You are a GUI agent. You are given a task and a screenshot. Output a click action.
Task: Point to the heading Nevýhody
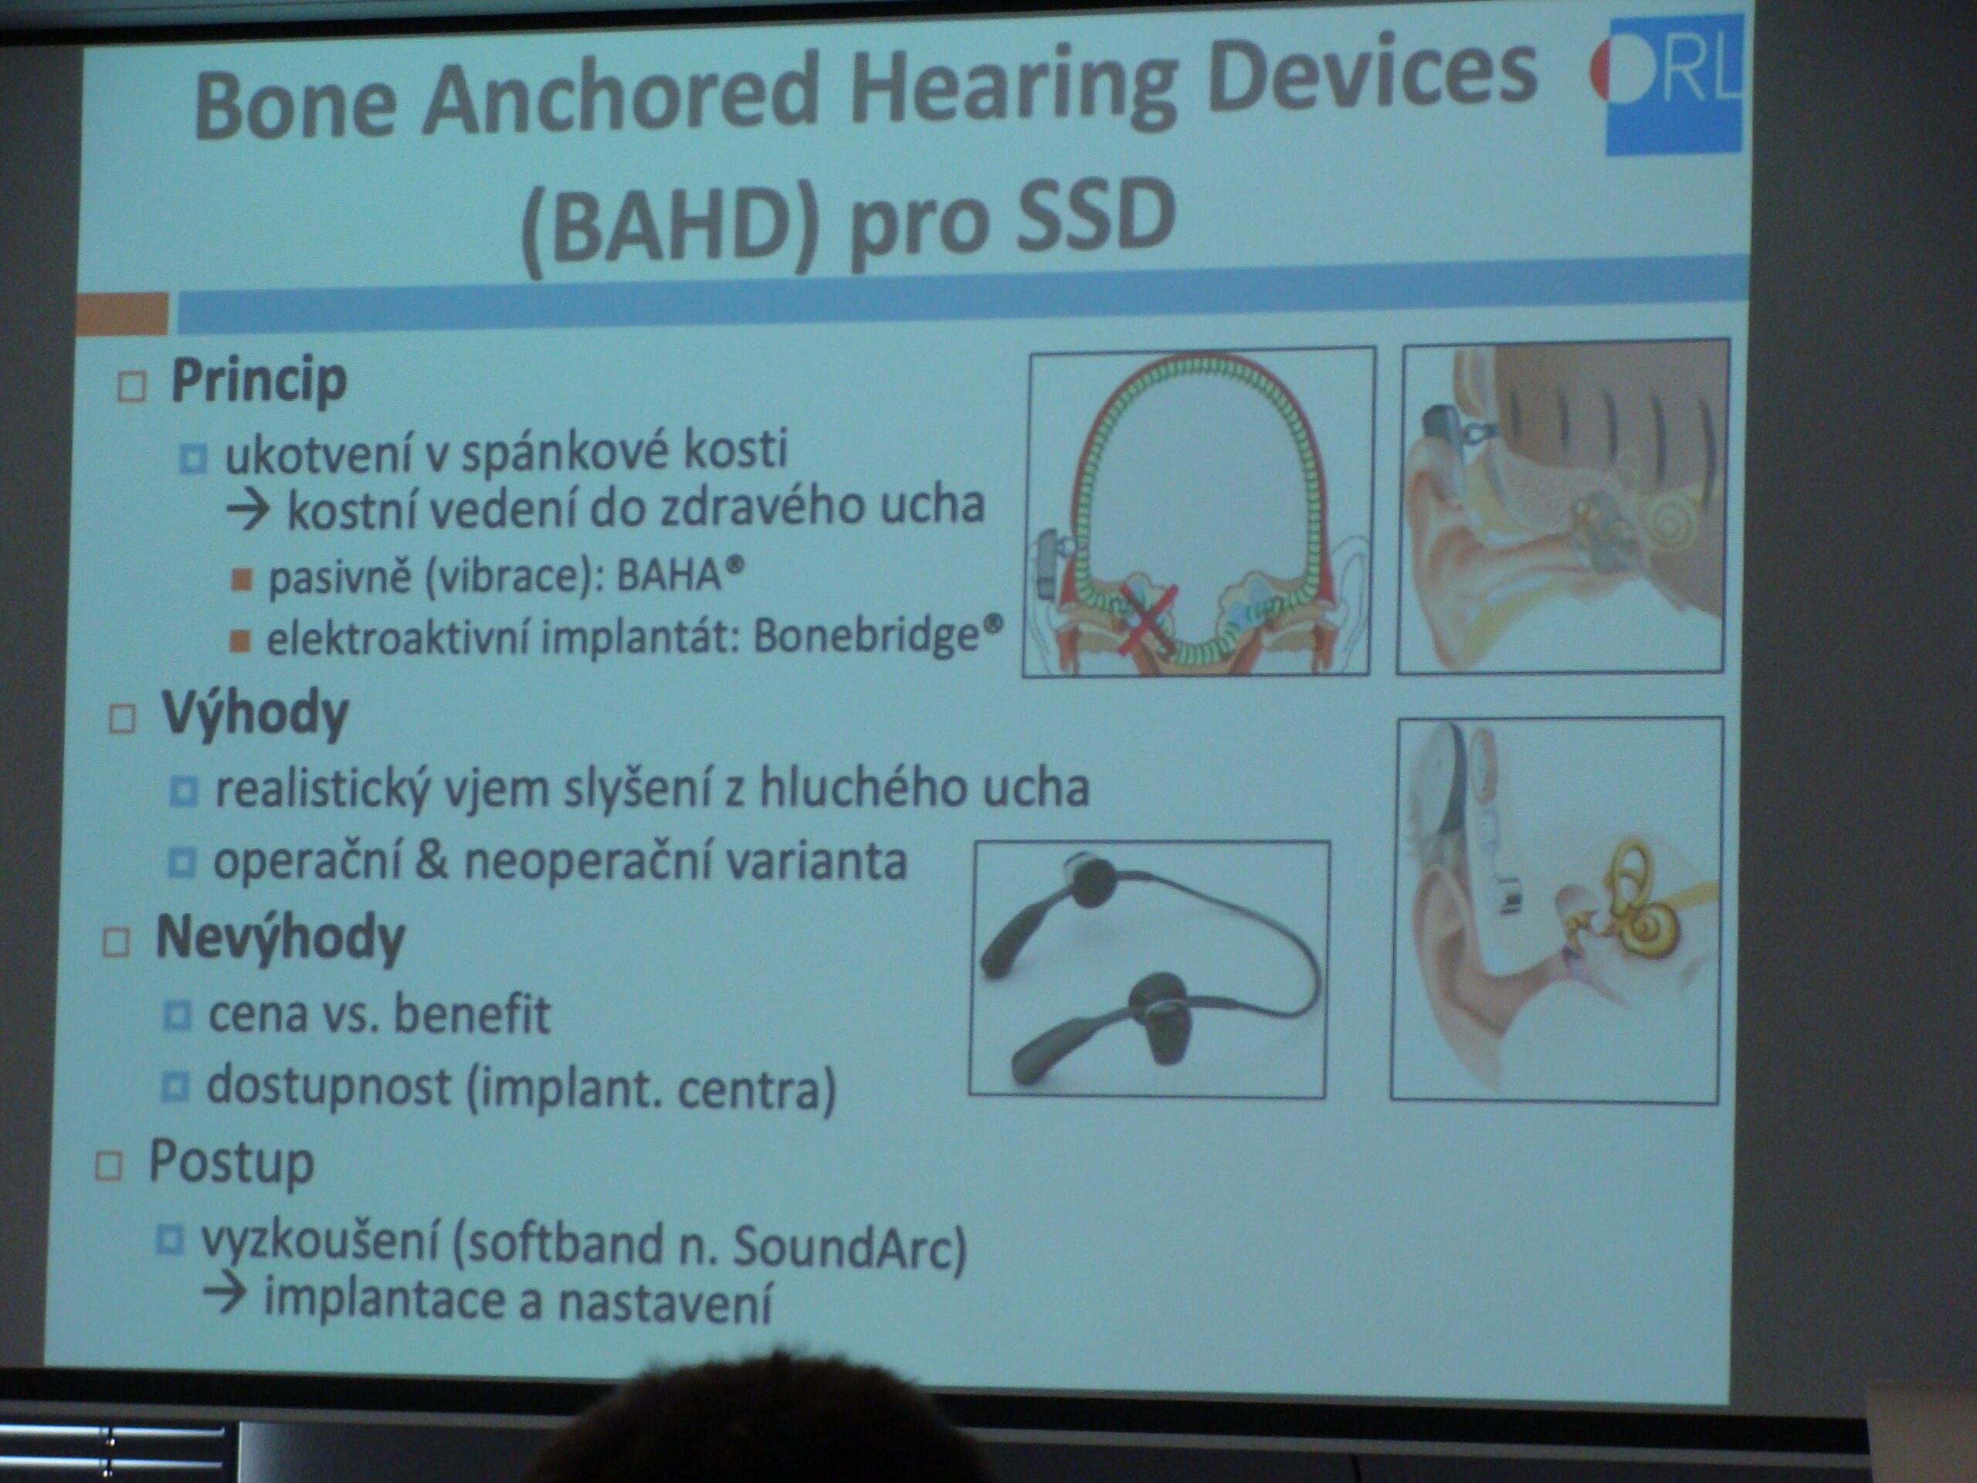pos(280,939)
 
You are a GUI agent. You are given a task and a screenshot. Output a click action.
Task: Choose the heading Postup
pos(231,1163)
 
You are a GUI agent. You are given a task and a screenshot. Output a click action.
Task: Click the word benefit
pos(472,1015)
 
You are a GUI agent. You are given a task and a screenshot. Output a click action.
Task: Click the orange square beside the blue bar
pos(123,314)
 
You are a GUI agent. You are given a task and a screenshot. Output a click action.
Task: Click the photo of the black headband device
pos(1149,969)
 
